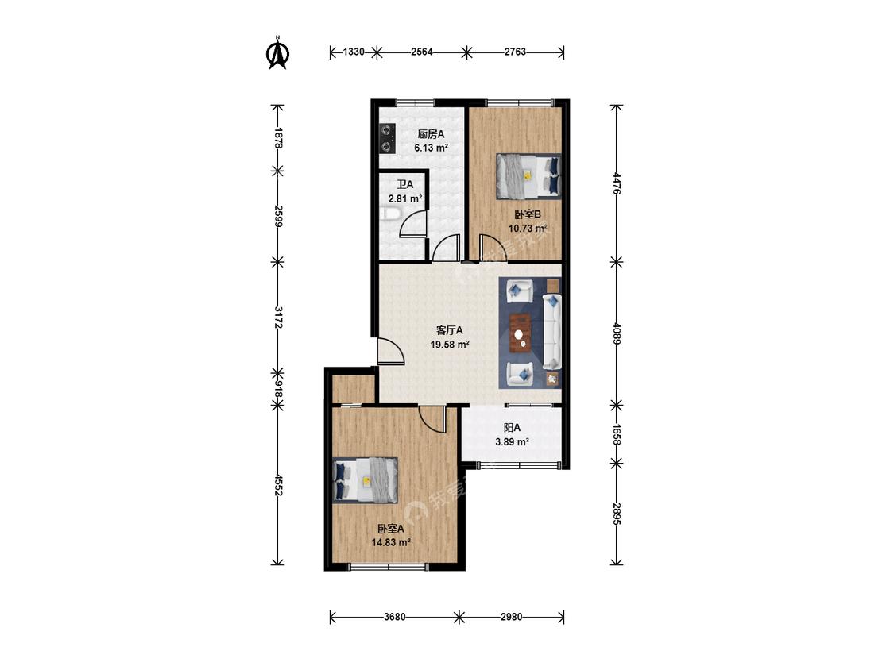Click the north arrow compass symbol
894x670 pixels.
278,52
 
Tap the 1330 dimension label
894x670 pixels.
354,52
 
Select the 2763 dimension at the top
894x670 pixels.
515,52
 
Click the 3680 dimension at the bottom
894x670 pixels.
394,617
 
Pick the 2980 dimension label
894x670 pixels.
511,617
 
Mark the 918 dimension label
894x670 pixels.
278,389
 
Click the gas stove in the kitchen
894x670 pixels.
388,139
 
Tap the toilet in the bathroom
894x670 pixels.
390,214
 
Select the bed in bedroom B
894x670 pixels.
528,176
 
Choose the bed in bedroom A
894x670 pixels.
365,480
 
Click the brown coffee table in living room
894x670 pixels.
520,333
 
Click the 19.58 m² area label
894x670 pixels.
450,345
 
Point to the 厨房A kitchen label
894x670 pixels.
431,134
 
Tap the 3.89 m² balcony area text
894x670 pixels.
512,441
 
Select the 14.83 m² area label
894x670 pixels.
391,542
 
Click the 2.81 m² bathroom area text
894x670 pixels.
405,198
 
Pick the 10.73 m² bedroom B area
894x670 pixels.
528,229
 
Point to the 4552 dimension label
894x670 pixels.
278,484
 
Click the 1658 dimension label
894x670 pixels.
616,434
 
